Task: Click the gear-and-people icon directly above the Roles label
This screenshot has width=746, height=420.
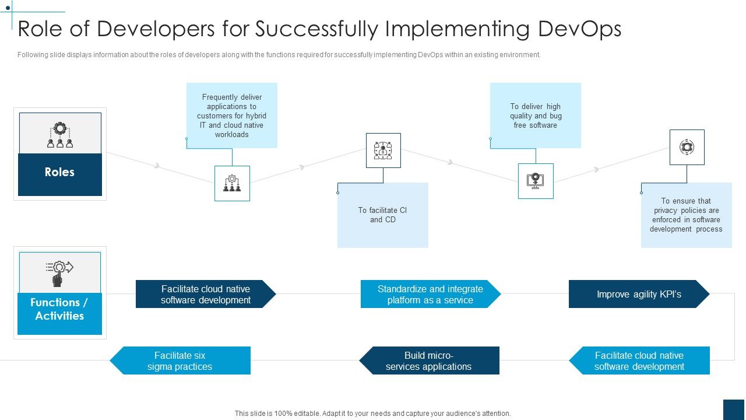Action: (x=60, y=134)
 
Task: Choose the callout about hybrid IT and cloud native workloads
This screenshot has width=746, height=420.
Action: (x=232, y=116)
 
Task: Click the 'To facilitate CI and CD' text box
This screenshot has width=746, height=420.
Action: (x=383, y=215)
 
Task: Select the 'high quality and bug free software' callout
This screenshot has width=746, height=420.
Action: (x=536, y=116)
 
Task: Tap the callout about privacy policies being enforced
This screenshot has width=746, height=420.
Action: (x=686, y=215)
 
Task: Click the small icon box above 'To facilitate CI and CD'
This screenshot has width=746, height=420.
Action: (x=383, y=150)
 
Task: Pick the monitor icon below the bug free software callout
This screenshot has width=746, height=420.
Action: (x=536, y=181)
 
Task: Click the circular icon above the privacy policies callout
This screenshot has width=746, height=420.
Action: (x=687, y=147)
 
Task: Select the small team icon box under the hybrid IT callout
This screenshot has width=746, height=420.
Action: (x=232, y=183)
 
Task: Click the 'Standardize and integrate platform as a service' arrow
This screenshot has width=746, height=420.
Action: (x=430, y=294)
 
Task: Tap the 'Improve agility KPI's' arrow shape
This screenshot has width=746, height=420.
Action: (x=639, y=294)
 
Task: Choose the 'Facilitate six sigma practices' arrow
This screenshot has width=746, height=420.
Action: (x=180, y=360)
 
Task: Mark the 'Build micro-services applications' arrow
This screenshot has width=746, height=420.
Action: (x=429, y=360)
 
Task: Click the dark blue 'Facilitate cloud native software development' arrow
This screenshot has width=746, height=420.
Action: (x=205, y=294)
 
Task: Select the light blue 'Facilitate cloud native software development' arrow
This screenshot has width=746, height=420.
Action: (x=639, y=360)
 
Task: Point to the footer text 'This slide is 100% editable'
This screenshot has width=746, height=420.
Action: (x=372, y=413)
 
